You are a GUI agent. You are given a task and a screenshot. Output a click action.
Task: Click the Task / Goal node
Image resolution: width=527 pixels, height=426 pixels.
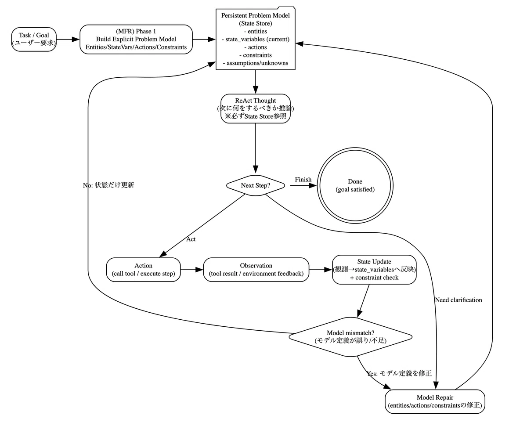click(34, 40)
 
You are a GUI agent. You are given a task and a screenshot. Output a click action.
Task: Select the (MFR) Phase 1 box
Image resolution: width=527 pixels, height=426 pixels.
click(136, 40)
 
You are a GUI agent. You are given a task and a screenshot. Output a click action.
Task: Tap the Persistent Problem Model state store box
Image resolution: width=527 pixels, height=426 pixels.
click(255, 39)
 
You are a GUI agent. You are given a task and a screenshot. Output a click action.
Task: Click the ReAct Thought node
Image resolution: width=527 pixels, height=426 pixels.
click(255, 108)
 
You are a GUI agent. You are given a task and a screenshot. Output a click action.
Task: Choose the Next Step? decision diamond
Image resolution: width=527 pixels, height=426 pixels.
click(255, 185)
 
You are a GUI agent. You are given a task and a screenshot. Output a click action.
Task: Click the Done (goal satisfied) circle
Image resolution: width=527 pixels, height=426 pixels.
click(355, 185)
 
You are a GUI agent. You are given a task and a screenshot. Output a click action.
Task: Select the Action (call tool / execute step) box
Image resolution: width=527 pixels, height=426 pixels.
click(143, 270)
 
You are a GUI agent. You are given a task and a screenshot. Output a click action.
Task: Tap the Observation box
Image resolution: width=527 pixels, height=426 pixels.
click(256, 270)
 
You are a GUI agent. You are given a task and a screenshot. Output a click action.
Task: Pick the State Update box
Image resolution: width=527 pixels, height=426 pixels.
click(374, 270)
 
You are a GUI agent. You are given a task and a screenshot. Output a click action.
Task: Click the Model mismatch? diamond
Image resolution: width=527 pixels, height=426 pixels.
click(350, 337)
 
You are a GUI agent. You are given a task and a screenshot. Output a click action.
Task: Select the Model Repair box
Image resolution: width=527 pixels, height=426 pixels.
click(435, 401)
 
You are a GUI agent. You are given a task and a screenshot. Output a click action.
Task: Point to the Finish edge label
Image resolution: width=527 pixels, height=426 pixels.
click(303, 179)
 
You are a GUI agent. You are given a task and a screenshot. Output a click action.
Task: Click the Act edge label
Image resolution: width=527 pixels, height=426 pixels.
click(191, 239)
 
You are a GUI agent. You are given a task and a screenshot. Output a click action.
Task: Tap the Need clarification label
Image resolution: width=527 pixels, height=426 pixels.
click(458, 300)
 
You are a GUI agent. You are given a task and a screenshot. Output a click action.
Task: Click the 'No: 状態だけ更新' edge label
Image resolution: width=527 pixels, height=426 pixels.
click(108, 185)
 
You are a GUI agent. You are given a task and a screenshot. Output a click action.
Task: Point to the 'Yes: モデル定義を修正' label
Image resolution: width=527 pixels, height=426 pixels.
click(399, 373)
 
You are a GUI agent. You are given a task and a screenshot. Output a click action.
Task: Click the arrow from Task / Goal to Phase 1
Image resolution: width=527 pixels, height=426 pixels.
click(68, 40)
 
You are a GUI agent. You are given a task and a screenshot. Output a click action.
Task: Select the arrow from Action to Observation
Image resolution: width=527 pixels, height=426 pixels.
click(192, 270)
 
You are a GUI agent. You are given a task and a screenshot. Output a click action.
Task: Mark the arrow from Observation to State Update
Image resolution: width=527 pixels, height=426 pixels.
click(321, 270)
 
